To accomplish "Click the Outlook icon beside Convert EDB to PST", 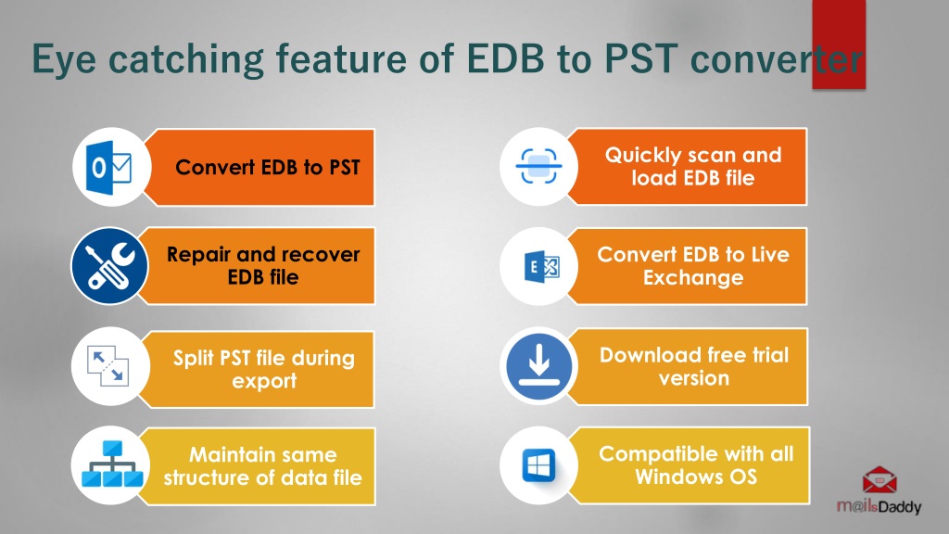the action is coord(109,167).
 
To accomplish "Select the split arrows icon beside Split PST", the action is coord(108,365).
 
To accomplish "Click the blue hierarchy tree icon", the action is coord(112,464).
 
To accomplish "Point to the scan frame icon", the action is coord(538,167).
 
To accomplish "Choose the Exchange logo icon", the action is coord(541,266).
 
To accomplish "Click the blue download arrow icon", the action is coord(538,365).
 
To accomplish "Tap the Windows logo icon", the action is coord(538,465).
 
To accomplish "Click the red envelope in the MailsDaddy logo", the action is coord(879,481).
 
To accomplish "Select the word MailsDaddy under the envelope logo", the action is coord(879,506).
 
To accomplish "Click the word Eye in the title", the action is coord(64,60).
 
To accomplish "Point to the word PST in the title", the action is coord(641,58).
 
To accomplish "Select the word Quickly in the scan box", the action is coord(643,156).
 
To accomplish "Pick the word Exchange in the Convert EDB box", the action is coord(693,278).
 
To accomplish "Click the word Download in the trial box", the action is coord(653,355).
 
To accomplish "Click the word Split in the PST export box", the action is coord(194,359).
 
